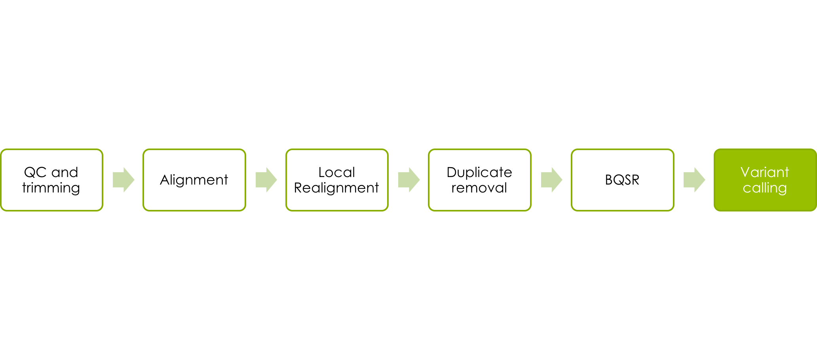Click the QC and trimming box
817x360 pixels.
click(51, 180)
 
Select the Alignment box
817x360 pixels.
click(194, 180)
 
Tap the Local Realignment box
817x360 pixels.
click(337, 180)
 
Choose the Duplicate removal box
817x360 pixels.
click(480, 180)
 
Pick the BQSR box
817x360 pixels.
click(623, 180)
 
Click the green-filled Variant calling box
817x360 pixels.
click(765, 180)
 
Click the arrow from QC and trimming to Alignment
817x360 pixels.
click(123, 180)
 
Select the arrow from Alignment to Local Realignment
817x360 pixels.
click(266, 180)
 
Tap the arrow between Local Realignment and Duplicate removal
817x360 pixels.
click(409, 180)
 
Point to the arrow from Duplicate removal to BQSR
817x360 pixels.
click(552, 180)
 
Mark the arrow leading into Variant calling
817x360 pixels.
click(694, 180)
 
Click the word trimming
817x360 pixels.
click(51, 188)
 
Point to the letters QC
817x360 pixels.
click(36, 172)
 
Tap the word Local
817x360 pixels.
click(337, 172)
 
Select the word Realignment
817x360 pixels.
click(336, 188)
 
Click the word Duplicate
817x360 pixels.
click(479, 173)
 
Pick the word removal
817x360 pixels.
click(479, 188)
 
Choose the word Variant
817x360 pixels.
click(765, 172)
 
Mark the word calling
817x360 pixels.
click(765, 188)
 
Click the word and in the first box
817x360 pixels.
click(65, 172)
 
